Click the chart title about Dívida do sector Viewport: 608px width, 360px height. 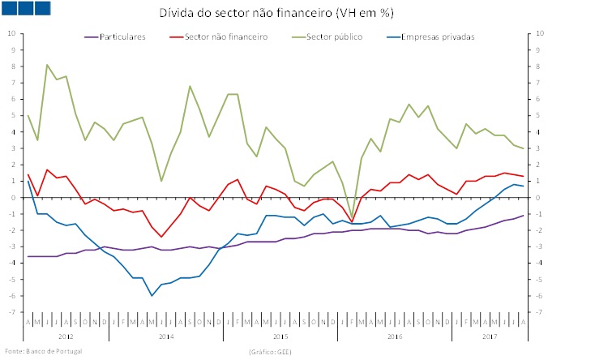303,15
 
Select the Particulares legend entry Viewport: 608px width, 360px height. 122,36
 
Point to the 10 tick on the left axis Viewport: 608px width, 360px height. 11,33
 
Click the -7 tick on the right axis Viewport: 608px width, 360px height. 540,312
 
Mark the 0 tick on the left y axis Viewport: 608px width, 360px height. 12,197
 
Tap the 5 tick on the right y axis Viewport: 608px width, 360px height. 539,115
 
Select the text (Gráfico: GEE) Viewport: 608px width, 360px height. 269,351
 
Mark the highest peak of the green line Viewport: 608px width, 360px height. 47,65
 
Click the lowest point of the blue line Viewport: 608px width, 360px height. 152,295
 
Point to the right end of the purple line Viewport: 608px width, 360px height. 523,215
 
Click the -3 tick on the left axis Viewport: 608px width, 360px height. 11,246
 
